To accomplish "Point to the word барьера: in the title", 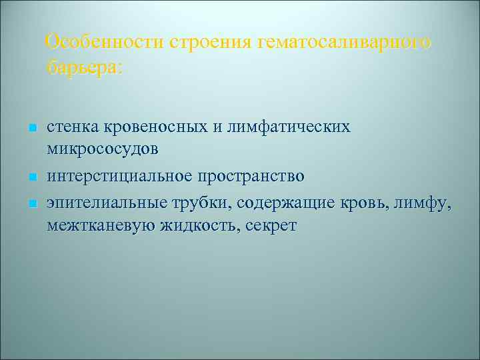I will [x=85, y=67].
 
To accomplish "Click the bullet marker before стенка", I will [x=31, y=127].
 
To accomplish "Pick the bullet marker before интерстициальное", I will [x=31, y=177].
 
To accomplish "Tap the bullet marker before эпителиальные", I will [x=31, y=202].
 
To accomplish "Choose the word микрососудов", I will [x=103, y=151].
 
